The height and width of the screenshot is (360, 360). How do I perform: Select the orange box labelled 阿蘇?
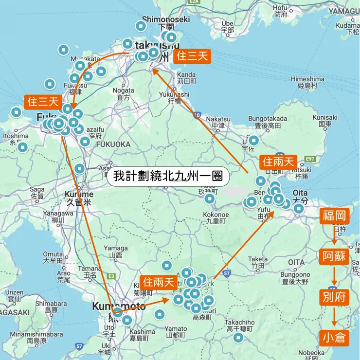click(334, 256)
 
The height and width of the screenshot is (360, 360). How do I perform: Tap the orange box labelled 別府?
click(334, 297)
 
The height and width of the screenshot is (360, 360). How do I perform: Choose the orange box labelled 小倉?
click(334, 337)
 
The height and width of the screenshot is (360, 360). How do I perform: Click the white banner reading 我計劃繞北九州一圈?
click(168, 176)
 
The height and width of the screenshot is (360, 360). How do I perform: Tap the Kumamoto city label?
click(119, 306)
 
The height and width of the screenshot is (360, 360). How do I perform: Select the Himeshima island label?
click(307, 79)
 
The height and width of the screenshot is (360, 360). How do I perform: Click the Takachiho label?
click(238, 323)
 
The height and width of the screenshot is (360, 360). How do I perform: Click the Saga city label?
click(37, 190)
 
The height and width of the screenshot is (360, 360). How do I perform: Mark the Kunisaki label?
click(325, 118)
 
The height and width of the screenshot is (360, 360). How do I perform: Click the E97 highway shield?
click(309, 159)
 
